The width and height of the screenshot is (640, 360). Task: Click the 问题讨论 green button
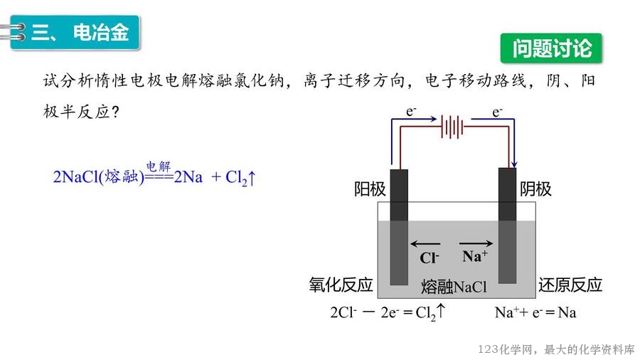click(552, 48)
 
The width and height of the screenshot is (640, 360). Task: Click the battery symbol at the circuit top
click(452, 127)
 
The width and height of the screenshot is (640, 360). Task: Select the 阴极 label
click(535, 189)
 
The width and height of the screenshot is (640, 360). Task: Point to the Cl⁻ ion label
click(430, 258)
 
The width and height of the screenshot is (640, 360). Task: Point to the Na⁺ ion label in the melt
click(474, 257)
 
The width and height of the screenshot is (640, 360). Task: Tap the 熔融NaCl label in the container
click(454, 287)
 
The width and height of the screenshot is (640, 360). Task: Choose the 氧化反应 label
click(341, 285)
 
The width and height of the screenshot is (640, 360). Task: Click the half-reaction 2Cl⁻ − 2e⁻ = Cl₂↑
click(388, 312)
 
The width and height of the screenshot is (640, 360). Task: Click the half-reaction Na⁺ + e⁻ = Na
click(535, 312)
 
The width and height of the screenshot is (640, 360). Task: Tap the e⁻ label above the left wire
click(411, 112)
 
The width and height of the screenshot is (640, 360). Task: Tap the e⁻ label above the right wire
click(497, 112)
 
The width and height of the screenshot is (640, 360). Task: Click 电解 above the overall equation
click(159, 166)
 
